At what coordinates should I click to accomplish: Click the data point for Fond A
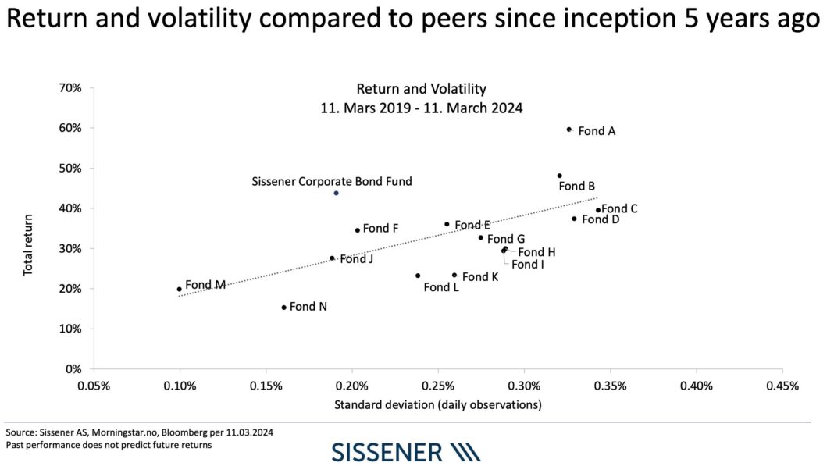tap(568, 130)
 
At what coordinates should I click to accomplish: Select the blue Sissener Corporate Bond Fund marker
tap(336, 193)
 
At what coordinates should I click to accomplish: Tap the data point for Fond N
tap(283, 308)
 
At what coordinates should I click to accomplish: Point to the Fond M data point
tap(179, 289)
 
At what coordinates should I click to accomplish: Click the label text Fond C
tap(619, 208)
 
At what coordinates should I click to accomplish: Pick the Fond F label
tap(380, 229)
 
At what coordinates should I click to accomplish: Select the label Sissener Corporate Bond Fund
tap(331, 181)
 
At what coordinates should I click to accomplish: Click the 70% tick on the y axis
tap(70, 88)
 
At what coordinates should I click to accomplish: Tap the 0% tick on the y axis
tap(73, 368)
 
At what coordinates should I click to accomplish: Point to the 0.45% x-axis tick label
tap(782, 386)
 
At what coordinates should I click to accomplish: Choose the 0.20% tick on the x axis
tap(352, 386)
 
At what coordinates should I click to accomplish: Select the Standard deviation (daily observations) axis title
tap(437, 404)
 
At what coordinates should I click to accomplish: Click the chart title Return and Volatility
tap(421, 89)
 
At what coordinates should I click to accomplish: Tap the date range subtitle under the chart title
tap(421, 108)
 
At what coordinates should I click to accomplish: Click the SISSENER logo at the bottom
tap(406, 452)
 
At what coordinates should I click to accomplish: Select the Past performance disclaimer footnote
tap(109, 445)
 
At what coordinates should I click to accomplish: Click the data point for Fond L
tap(418, 276)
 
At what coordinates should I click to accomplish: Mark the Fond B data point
tap(559, 176)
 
